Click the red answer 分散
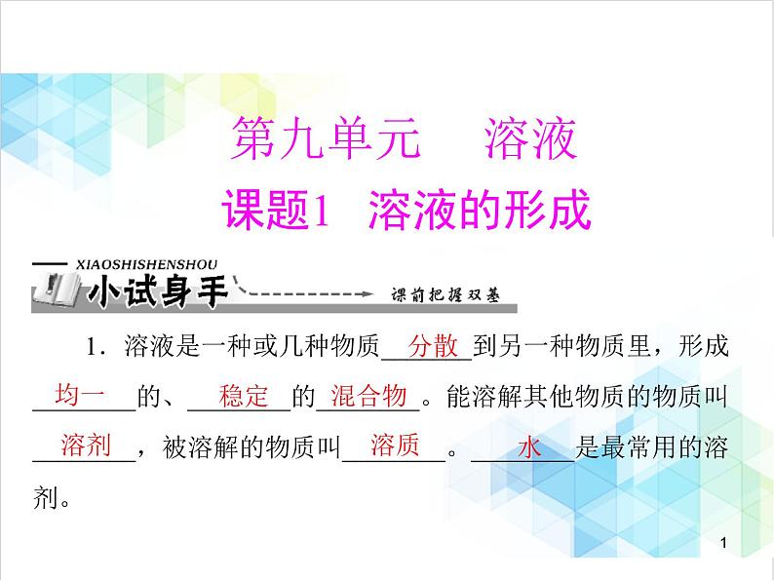click(433, 346)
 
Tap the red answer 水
click(528, 448)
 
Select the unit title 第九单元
click(324, 138)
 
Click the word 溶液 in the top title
click(531, 138)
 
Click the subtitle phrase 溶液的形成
click(480, 209)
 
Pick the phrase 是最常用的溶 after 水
click(651, 447)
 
